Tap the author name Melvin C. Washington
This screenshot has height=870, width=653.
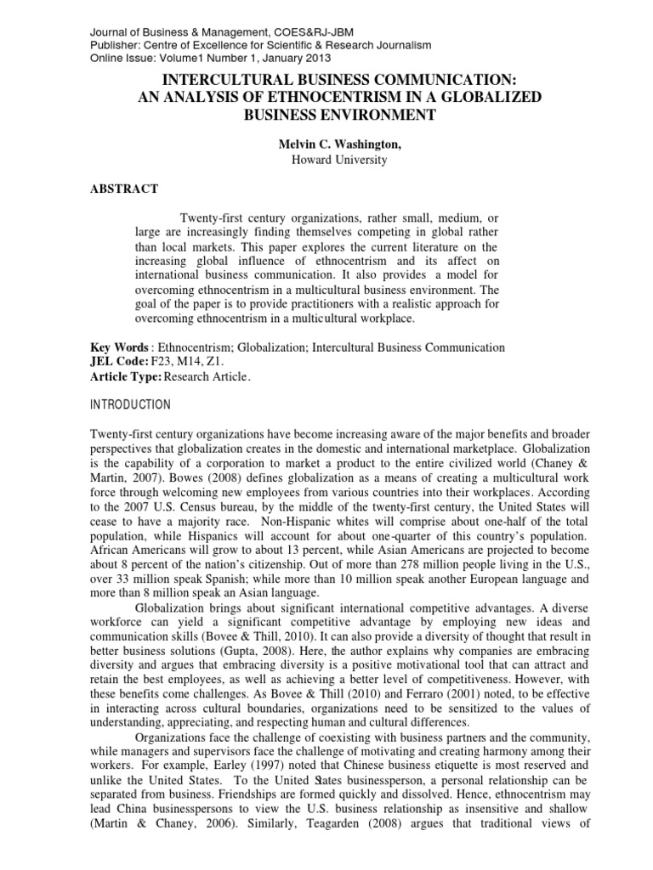[x=327, y=145]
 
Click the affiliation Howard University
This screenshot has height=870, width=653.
[x=327, y=160]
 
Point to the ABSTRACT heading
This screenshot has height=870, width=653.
[x=123, y=189]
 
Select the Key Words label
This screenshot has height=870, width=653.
[x=120, y=348]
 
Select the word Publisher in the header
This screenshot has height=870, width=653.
[x=116, y=44]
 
